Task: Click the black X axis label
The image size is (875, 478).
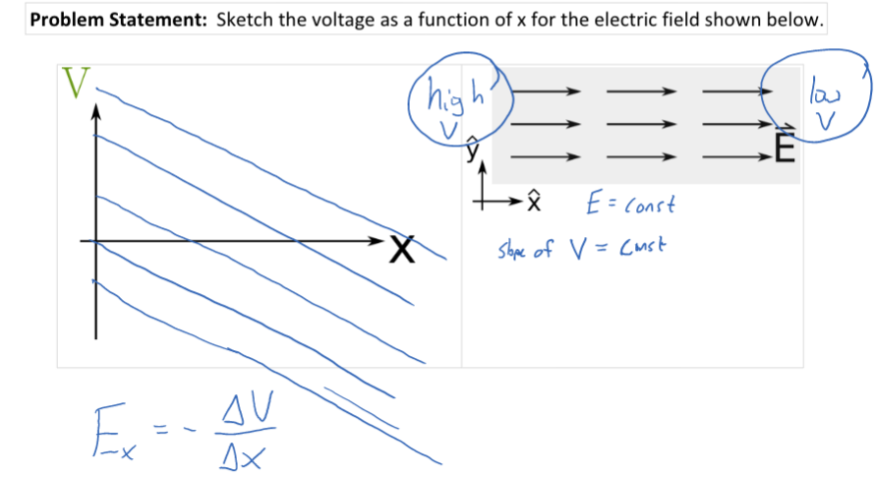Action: (x=399, y=252)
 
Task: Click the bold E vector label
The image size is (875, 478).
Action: (x=783, y=149)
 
